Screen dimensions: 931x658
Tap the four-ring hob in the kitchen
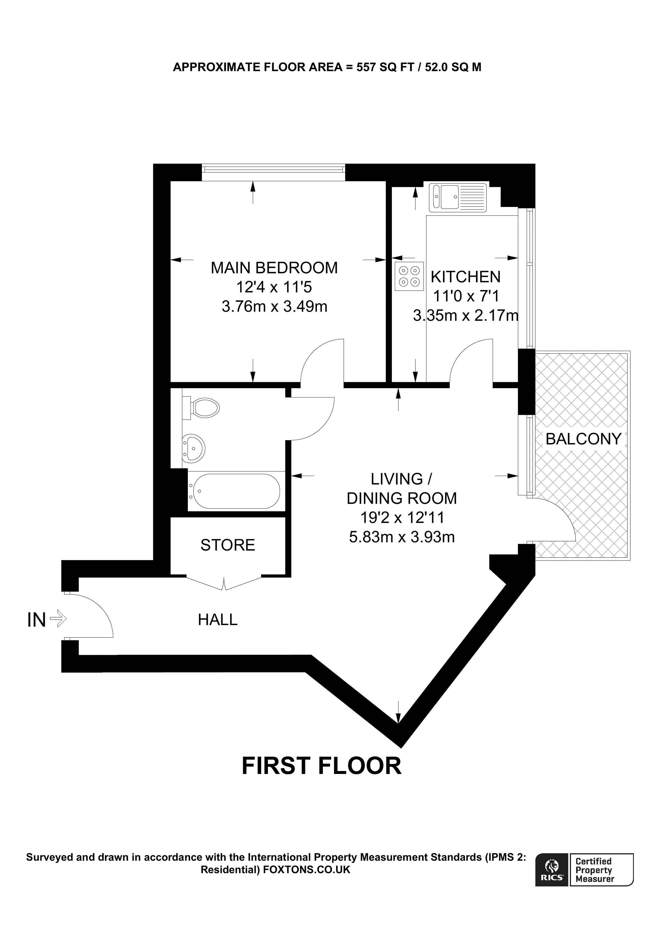pos(409,276)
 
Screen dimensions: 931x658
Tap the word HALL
pos(217,620)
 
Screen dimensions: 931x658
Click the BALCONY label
pos(583,439)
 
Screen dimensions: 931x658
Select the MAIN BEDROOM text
pos(274,268)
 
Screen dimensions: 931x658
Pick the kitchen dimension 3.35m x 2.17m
pos(465,315)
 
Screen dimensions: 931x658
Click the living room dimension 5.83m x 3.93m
pos(401,537)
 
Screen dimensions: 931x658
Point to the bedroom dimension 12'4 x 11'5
pos(274,287)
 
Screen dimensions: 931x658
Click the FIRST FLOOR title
pos(321,766)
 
